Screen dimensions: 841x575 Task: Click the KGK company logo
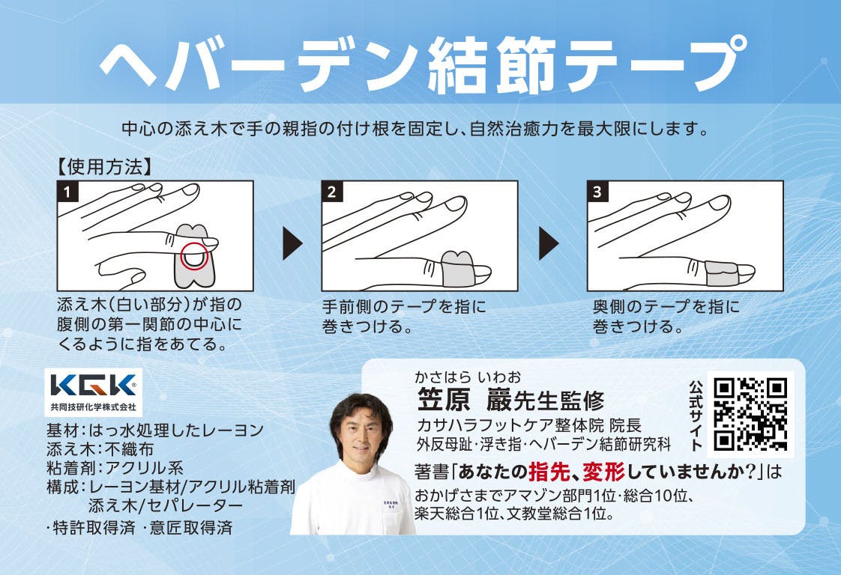point(94,386)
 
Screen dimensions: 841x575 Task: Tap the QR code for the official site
point(750,414)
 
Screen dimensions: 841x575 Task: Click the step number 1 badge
point(67,192)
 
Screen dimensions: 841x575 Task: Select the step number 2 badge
point(332,192)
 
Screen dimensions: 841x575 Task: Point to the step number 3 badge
point(597,192)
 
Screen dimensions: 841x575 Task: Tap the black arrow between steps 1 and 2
point(292,243)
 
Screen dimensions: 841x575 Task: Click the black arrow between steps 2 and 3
point(549,243)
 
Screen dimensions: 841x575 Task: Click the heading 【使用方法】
point(105,167)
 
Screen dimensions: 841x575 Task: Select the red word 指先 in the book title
point(549,472)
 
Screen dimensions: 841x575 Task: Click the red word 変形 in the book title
point(604,472)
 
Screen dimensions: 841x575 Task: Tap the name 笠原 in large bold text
point(444,400)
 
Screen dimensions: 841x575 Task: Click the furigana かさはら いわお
point(467,377)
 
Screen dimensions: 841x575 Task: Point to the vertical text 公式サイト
point(696,416)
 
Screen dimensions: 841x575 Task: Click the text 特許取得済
point(94,528)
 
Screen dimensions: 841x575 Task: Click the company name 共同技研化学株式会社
point(94,407)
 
